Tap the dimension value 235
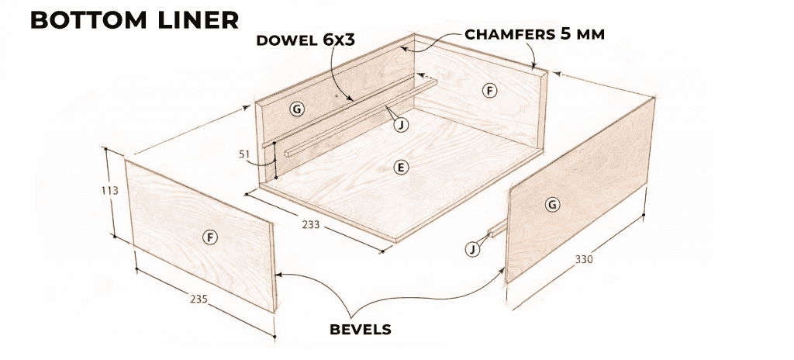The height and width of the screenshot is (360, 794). pos(198,298)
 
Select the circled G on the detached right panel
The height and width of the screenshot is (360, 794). pos(552,205)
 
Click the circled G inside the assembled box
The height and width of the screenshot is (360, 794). pos(296,109)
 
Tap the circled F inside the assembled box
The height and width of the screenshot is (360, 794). pos(488,91)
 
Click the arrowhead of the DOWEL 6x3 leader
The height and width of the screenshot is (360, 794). pos(354,100)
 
